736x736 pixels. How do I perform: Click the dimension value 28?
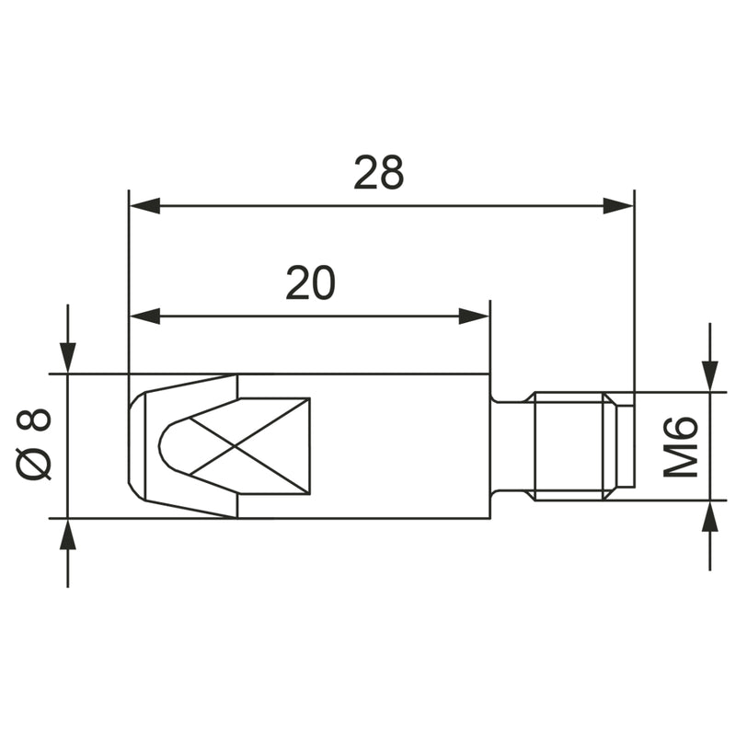(x=379, y=172)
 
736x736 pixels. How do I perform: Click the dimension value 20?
(x=310, y=284)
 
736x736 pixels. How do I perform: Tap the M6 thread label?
(x=682, y=446)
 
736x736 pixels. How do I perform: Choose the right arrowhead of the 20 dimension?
(x=473, y=316)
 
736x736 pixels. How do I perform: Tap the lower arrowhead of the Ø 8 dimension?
(x=67, y=535)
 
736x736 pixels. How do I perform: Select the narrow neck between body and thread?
(x=510, y=446)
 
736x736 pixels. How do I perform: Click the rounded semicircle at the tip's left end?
(x=168, y=446)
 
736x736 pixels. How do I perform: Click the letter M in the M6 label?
(x=682, y=461)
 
